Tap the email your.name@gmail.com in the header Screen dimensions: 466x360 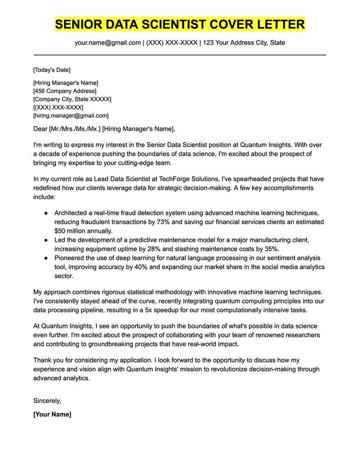tap(107, 42)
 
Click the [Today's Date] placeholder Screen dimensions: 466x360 tap(51, 70)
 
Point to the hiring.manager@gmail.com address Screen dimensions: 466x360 tap(71, 115)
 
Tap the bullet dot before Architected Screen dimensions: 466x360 tap(46, 213)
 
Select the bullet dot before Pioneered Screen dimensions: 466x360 tap(46, 258)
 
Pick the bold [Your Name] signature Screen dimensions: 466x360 tap(52, 414)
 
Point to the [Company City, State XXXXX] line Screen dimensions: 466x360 tap(72, 99)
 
